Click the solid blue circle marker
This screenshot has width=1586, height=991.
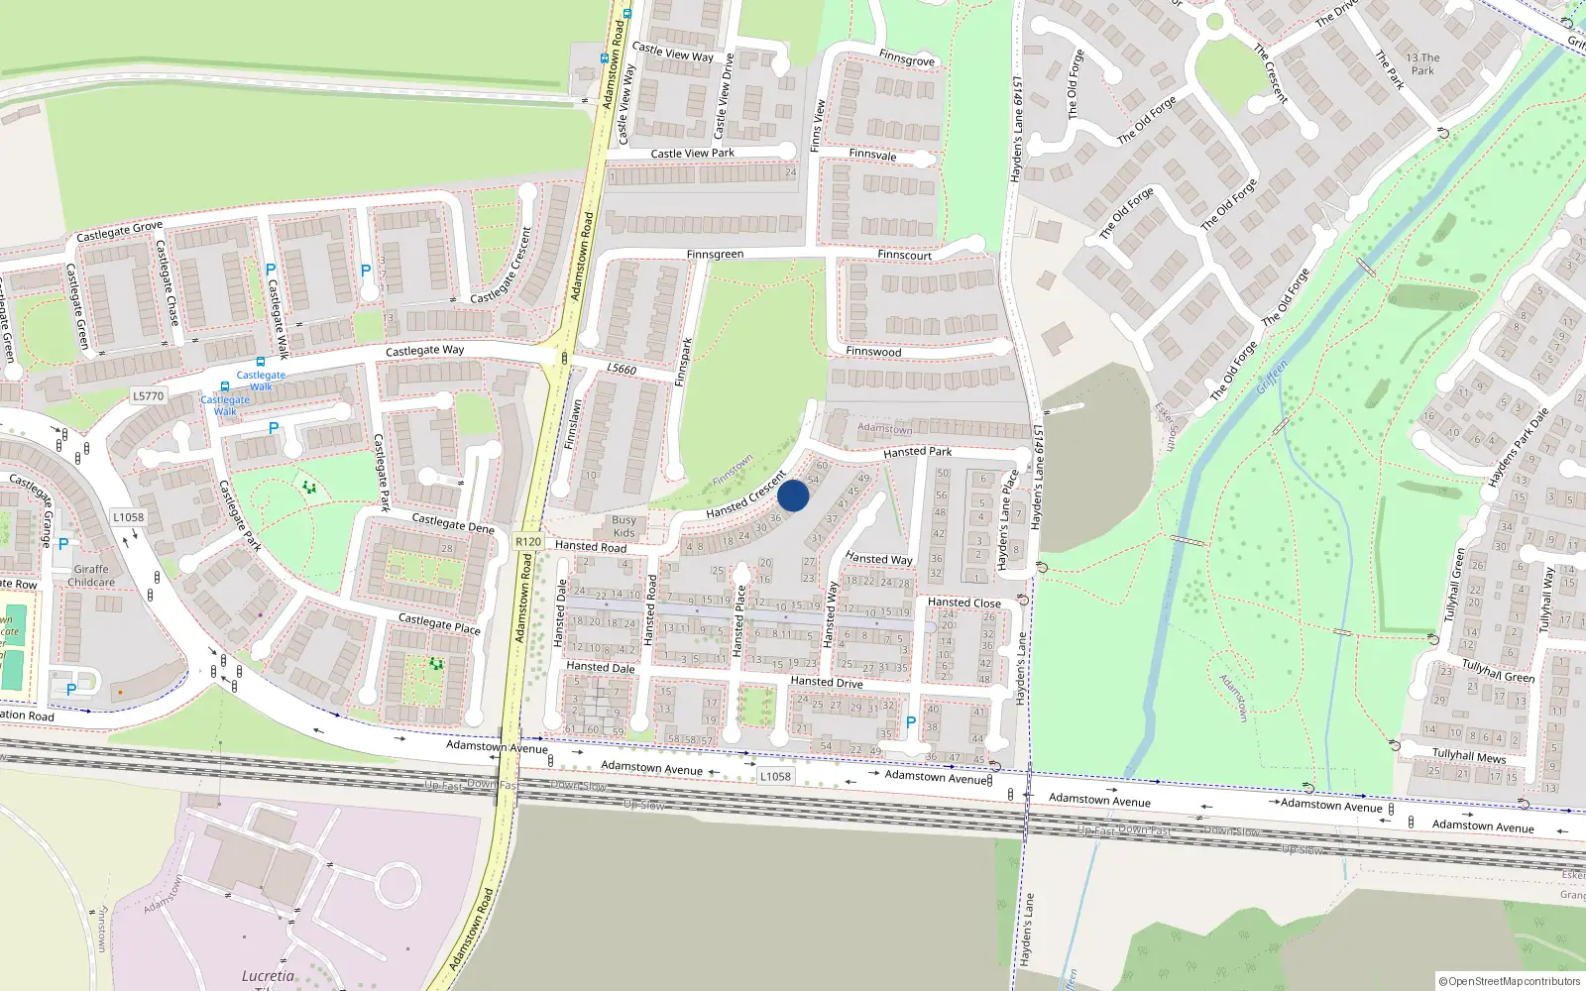[793, 495]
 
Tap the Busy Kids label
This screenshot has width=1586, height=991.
[624, 526]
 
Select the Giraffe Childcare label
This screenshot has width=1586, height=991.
[91, 576]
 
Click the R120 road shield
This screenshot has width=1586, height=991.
[528, 542]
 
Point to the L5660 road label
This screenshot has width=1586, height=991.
[622, 369]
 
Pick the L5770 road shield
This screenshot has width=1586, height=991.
[148, 396]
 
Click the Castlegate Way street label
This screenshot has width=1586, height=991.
[424, 351]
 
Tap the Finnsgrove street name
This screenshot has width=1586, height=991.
[906, 59]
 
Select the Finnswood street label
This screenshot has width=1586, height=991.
[873, 352]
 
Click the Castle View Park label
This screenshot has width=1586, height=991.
[692, 154]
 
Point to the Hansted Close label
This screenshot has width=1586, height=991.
[963, 603]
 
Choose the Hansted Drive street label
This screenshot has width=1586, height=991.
[826, 682]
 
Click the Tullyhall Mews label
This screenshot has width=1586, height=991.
[1468, 755]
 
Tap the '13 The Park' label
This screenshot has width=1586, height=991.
[1422, 64]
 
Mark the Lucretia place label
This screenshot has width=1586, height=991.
[268, 976]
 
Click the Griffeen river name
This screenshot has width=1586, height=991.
[1272, 378]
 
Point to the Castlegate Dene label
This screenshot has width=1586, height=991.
[452, 523]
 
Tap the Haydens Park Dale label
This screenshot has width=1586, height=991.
[1517, 447]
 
